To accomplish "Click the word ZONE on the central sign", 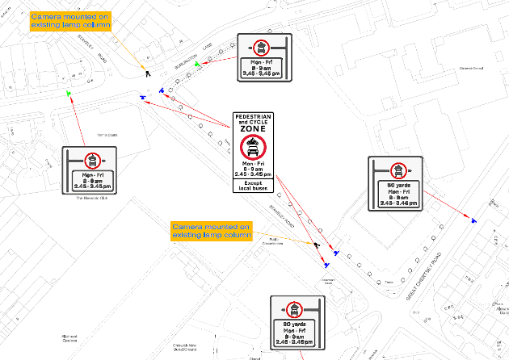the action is point(254,128).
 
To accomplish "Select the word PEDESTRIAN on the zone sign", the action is point(254,116).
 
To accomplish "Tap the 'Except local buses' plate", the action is point(254,186).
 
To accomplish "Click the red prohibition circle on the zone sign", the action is point(254,147).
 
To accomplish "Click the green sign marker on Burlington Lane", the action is point(198,62).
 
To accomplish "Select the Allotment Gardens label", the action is point(74,339).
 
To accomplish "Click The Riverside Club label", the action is point(92,198).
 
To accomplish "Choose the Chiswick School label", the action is point(448,68).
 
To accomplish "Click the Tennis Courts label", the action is point(107,135).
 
